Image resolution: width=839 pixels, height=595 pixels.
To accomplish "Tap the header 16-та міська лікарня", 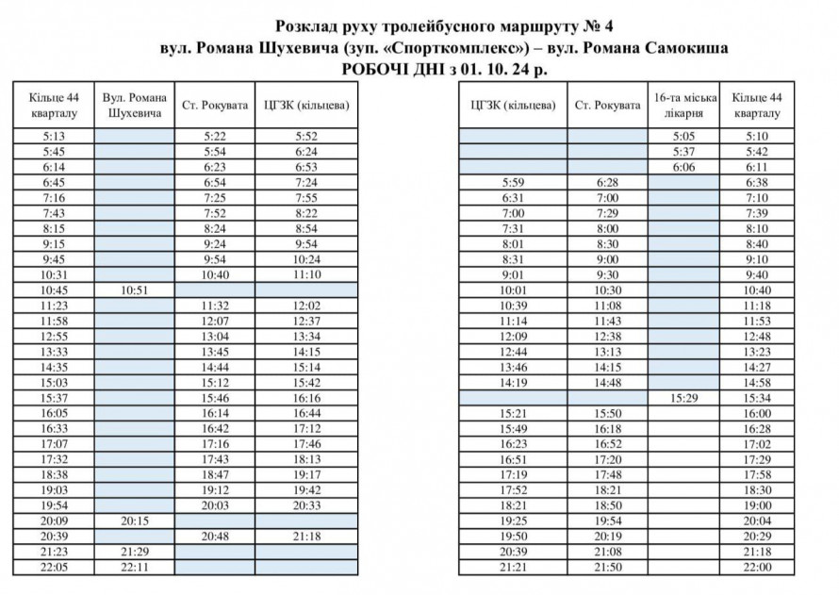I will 685,106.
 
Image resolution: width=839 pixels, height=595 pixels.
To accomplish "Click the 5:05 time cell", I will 685,136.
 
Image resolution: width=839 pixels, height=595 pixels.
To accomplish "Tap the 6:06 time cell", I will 685,167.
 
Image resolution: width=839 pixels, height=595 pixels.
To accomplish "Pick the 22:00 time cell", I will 758,568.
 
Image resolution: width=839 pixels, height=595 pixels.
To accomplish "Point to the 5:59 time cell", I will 513,182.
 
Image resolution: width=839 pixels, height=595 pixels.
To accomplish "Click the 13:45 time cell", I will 215,353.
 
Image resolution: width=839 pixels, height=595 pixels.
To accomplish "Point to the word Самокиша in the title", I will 686,48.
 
